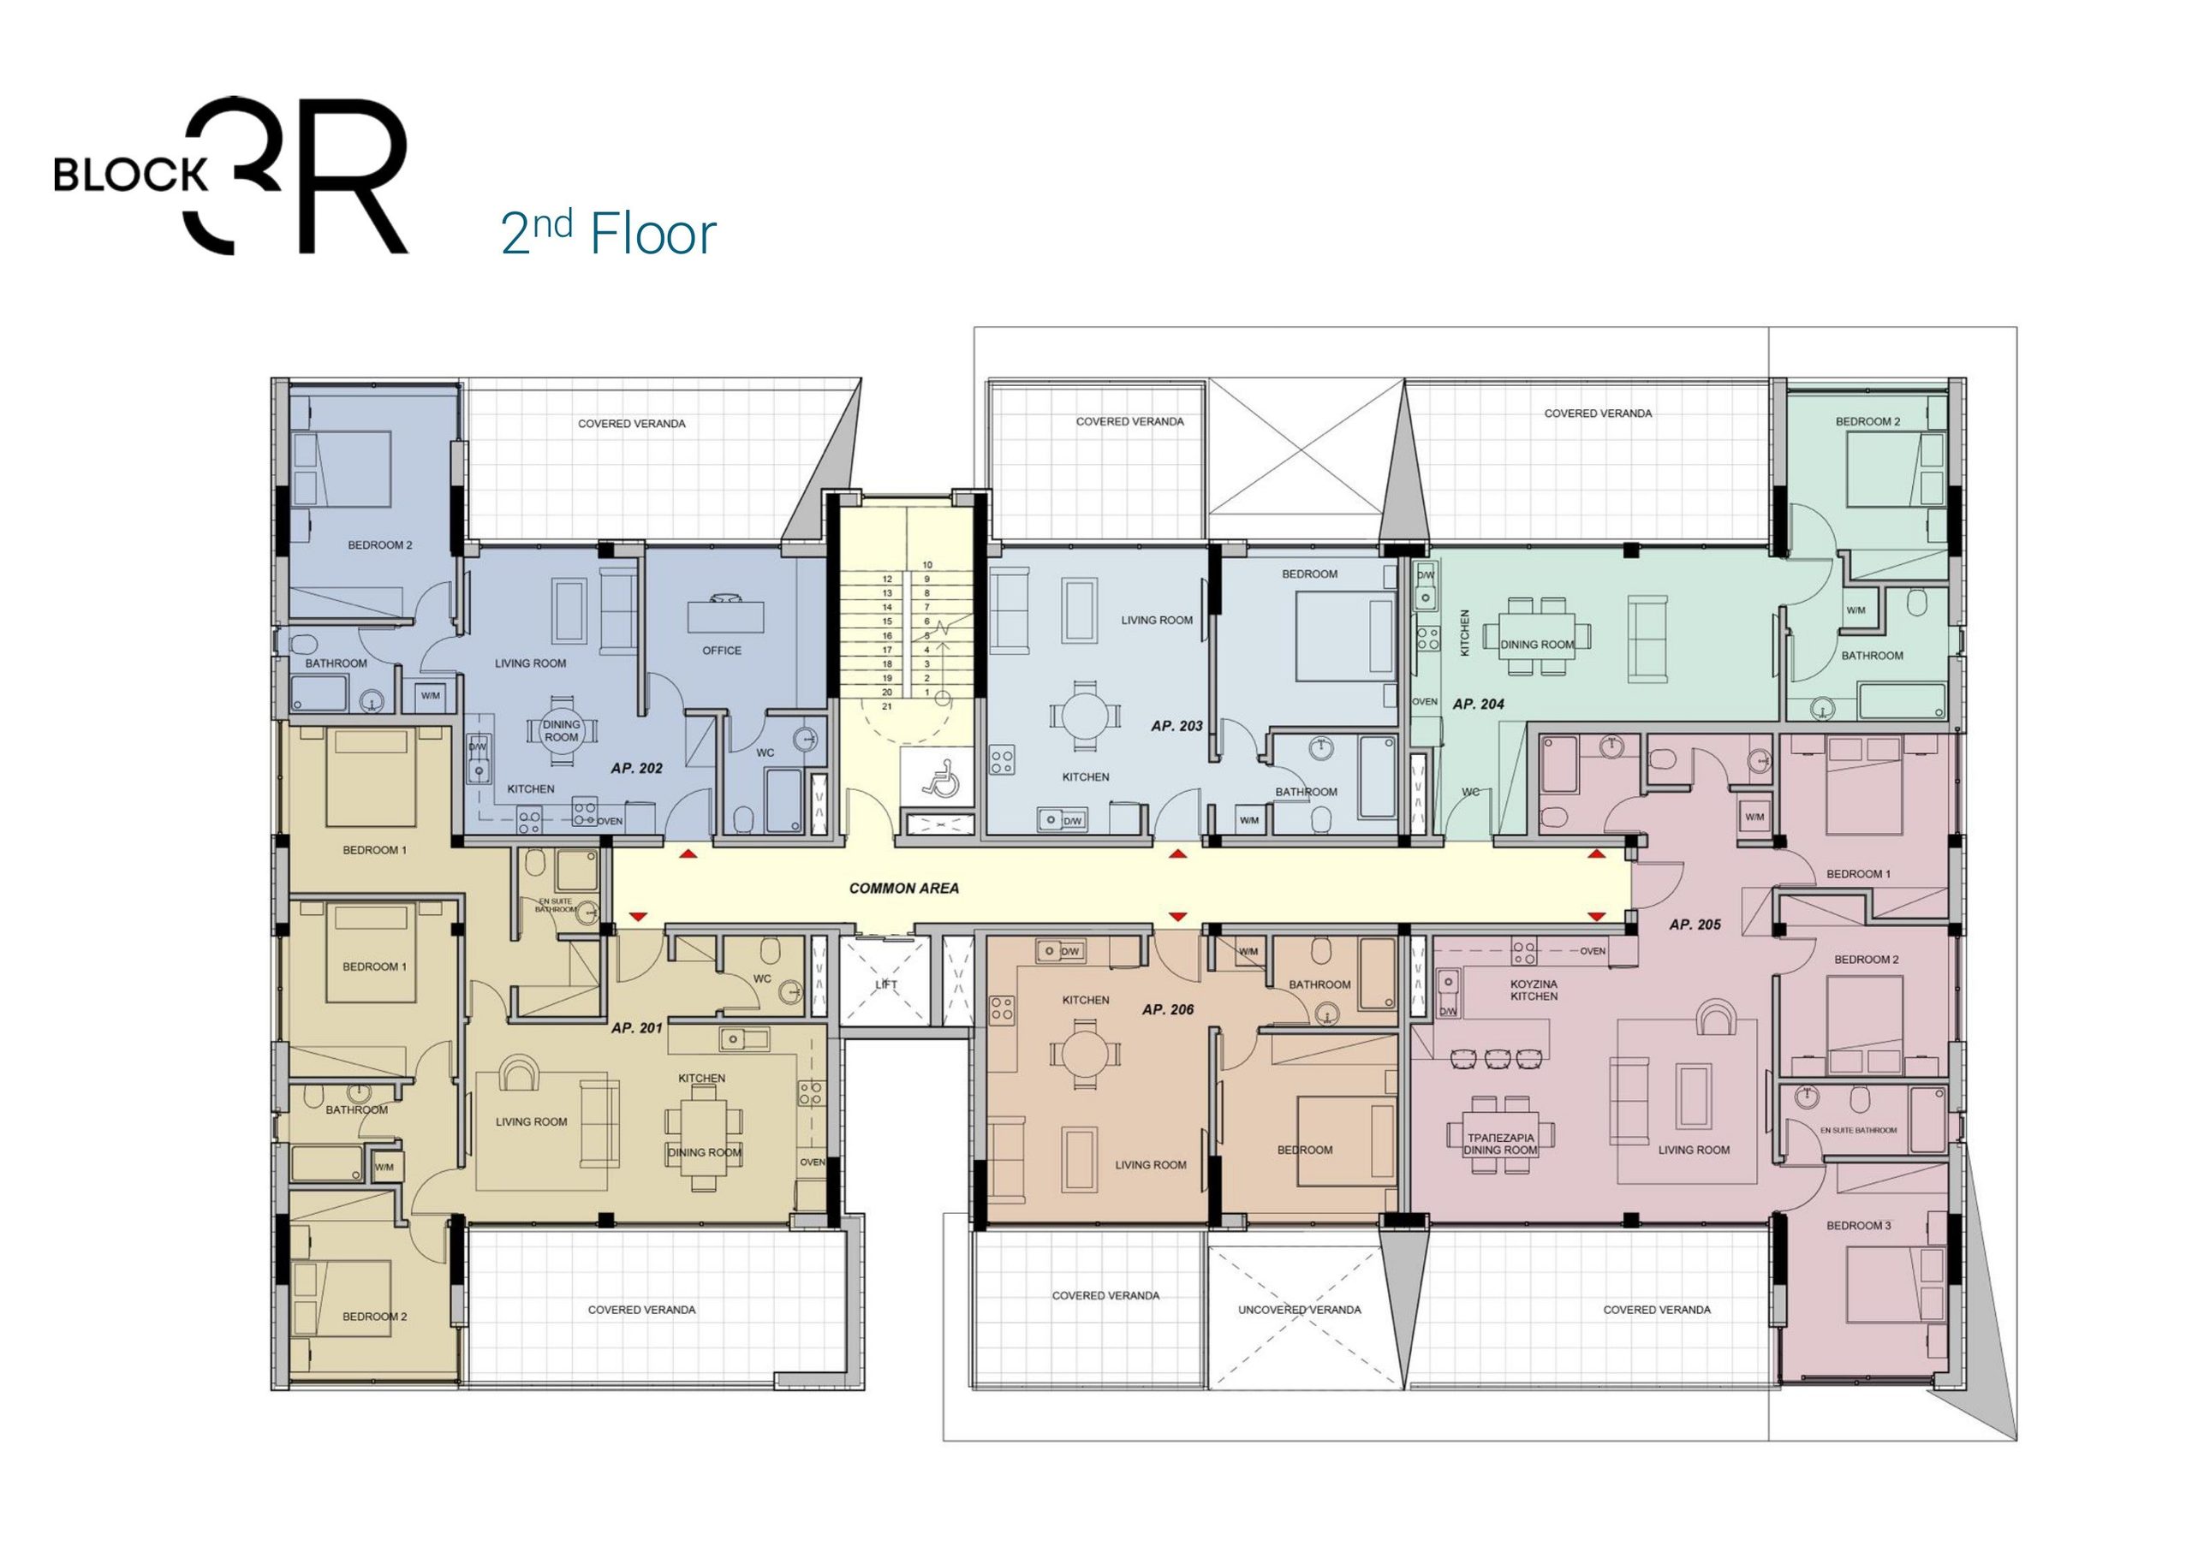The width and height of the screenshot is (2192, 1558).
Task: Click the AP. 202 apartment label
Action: click(x=637, y=769)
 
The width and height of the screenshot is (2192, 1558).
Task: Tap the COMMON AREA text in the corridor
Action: click(x=903, y=889)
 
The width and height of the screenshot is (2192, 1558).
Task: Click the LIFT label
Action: click(x=886, y=985)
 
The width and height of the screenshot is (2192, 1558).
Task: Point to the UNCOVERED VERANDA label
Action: click(x=1299, y=1310)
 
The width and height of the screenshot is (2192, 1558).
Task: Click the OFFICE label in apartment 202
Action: click(x=722, y=651)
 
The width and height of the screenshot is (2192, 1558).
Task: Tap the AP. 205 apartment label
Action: click(x=1695, y=925)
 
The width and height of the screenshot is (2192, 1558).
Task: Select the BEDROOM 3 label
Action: click(x=1859, y=1225)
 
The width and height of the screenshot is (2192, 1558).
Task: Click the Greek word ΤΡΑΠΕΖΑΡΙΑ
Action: click(x=1500, y=1138)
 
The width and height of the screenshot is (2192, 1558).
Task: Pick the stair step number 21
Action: click(x=887, y=706)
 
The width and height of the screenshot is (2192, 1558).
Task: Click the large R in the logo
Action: click(x=354, y=175)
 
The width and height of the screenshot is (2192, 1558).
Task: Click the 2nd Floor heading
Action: click(x=608, y=233)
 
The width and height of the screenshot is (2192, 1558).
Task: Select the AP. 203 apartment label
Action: click(x=1177, y=726)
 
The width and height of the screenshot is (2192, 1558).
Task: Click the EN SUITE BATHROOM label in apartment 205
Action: click(x=1858, y=1130)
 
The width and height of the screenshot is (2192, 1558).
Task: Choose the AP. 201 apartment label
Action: click(x=637, y=1027)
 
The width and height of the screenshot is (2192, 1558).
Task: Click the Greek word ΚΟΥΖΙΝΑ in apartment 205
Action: click(x=1534, y=984)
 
